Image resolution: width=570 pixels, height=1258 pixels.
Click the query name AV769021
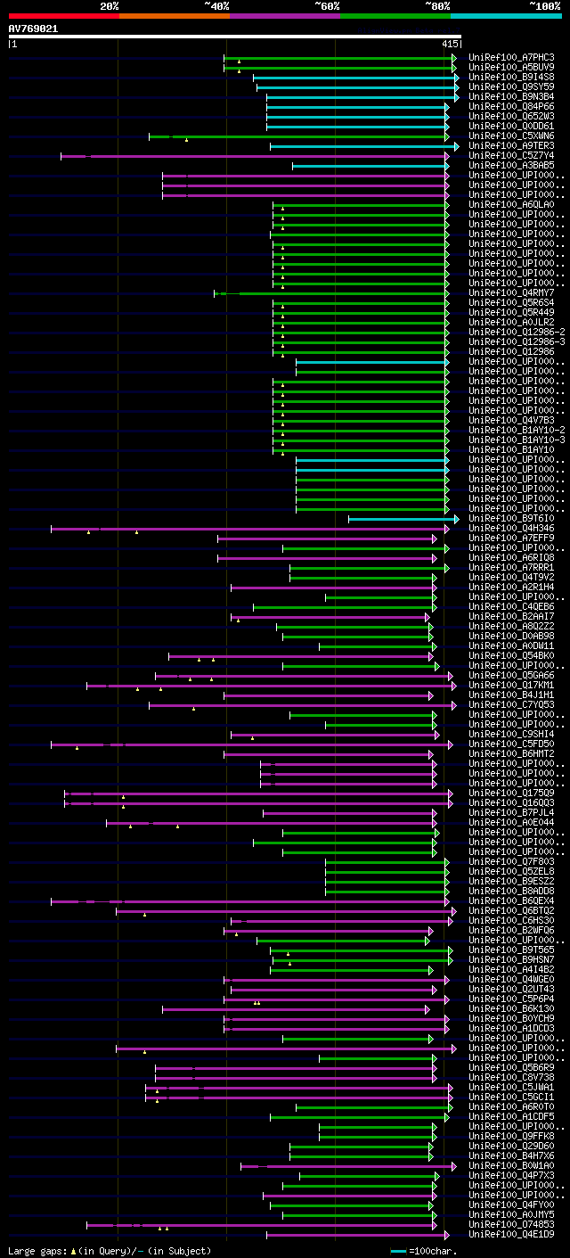(33, 29)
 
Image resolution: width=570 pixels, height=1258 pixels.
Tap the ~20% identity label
(109, 5)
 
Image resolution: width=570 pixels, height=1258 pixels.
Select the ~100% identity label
(544, 5)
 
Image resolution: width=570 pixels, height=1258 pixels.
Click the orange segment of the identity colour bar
(174, 15)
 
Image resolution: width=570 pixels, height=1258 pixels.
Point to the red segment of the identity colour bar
(63, 15)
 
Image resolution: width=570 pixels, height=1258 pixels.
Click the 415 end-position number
(449, 43)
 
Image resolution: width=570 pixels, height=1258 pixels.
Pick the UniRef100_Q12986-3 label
(517, 341)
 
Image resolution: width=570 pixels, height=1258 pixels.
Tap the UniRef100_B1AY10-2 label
(517, 430)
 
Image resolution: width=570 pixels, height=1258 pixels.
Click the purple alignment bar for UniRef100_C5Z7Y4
(267, 156)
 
